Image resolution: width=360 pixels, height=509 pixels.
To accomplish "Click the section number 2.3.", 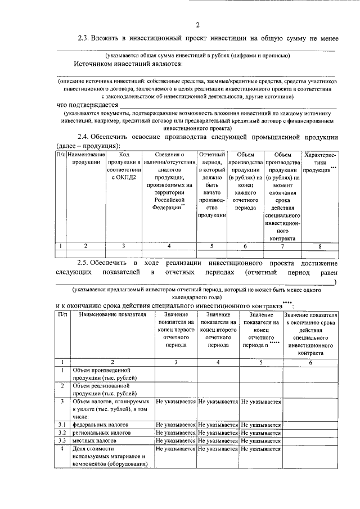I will (x=84, y=38).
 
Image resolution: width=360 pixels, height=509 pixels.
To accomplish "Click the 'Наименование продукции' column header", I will (x=85, y=158).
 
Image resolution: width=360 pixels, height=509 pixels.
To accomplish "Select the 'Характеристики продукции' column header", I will (x=319, y=162).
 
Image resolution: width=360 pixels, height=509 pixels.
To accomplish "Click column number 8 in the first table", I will (x=319, y=246).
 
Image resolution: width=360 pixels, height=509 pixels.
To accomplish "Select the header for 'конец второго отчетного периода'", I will (x=218, y=330).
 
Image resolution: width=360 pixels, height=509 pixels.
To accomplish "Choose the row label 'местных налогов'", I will (x=93, y=442).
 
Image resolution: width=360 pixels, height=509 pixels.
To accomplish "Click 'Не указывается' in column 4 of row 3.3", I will (x=218, y=442).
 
